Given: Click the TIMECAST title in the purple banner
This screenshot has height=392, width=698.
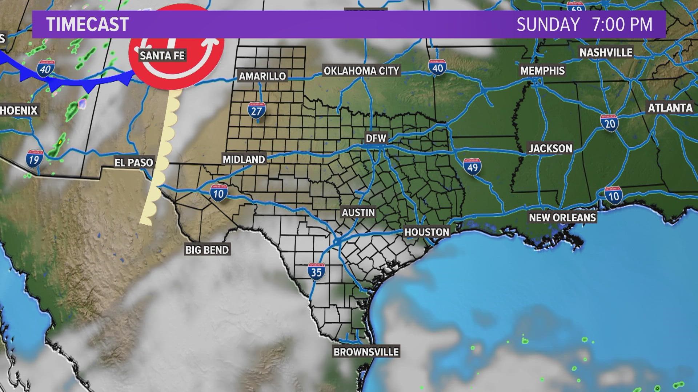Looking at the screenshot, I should (x=87, y=24).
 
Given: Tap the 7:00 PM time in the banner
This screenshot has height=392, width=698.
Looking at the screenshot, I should (x=622, y=24).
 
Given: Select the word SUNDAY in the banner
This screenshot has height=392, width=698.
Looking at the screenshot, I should (x=548, y=24).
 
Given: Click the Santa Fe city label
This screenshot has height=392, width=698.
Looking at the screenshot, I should (x=163, y=56).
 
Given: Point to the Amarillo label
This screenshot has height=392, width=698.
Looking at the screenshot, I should (x=262, y=76).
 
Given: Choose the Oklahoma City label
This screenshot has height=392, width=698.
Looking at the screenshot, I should (x=361, y=70).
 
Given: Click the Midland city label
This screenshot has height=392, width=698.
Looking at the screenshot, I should (x=244, y=159).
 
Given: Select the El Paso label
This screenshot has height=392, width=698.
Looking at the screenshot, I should (x=134, y=162).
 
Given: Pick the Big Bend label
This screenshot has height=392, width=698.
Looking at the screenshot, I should (x=207, y=250).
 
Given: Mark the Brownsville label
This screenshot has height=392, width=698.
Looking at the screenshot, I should (x=366, y=352).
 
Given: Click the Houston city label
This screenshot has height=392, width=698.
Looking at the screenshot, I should (x=427, y=232).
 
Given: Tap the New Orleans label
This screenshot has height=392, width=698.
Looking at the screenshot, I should (x=562, y=217).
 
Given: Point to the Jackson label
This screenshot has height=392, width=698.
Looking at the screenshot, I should (x=550, y=148).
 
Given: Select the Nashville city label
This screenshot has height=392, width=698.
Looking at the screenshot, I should (x=606, y=52).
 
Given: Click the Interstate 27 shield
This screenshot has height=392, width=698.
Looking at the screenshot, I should (x=257, y=110).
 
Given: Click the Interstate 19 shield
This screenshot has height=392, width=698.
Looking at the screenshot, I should (x=34, y=158).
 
